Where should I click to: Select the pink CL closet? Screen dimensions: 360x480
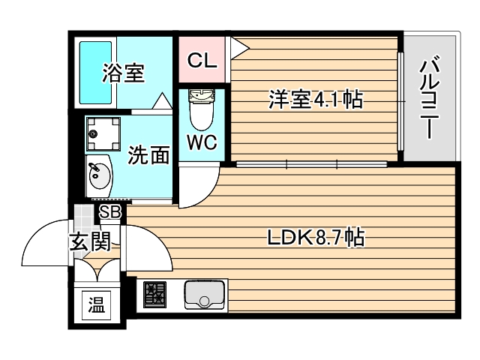pyautogui.click(x=202, y=60)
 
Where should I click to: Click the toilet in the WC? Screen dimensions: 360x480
pyautogui.click(x=200, y=109)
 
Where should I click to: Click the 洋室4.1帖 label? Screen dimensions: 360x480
pyautogui.click(x=315, y=99)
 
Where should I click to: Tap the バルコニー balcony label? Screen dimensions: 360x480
pyautogui.click(x=429, y=97)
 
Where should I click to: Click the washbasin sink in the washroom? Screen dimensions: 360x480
pyautogui.click(x=98, y=177)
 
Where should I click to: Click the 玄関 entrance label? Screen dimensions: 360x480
pyautogui.click(x=91, y=241)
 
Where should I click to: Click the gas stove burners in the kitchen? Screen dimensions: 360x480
pyautogui.click(x=155, y=295)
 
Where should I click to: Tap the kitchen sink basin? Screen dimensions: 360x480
pyautogui.click(x=202, y=295)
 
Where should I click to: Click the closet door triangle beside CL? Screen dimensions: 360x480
pyautogui.click(x=238, y=47)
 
